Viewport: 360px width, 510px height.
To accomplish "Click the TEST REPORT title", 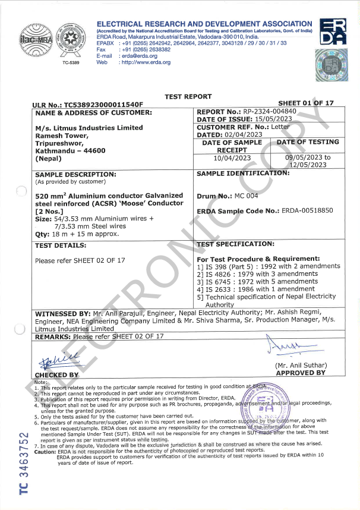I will [188, 96].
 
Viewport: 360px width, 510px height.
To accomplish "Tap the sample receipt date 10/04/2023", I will [232, 158].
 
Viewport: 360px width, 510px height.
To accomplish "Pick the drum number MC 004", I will [244, 196].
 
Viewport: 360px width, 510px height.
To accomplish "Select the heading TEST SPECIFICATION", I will [235, 244].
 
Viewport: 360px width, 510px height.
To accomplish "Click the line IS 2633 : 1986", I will [255, 289].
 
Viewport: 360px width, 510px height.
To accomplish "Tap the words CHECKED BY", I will [56, 375].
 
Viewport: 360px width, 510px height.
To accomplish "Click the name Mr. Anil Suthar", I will [300, 366].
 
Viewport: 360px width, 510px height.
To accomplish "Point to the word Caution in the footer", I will [45, 451].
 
